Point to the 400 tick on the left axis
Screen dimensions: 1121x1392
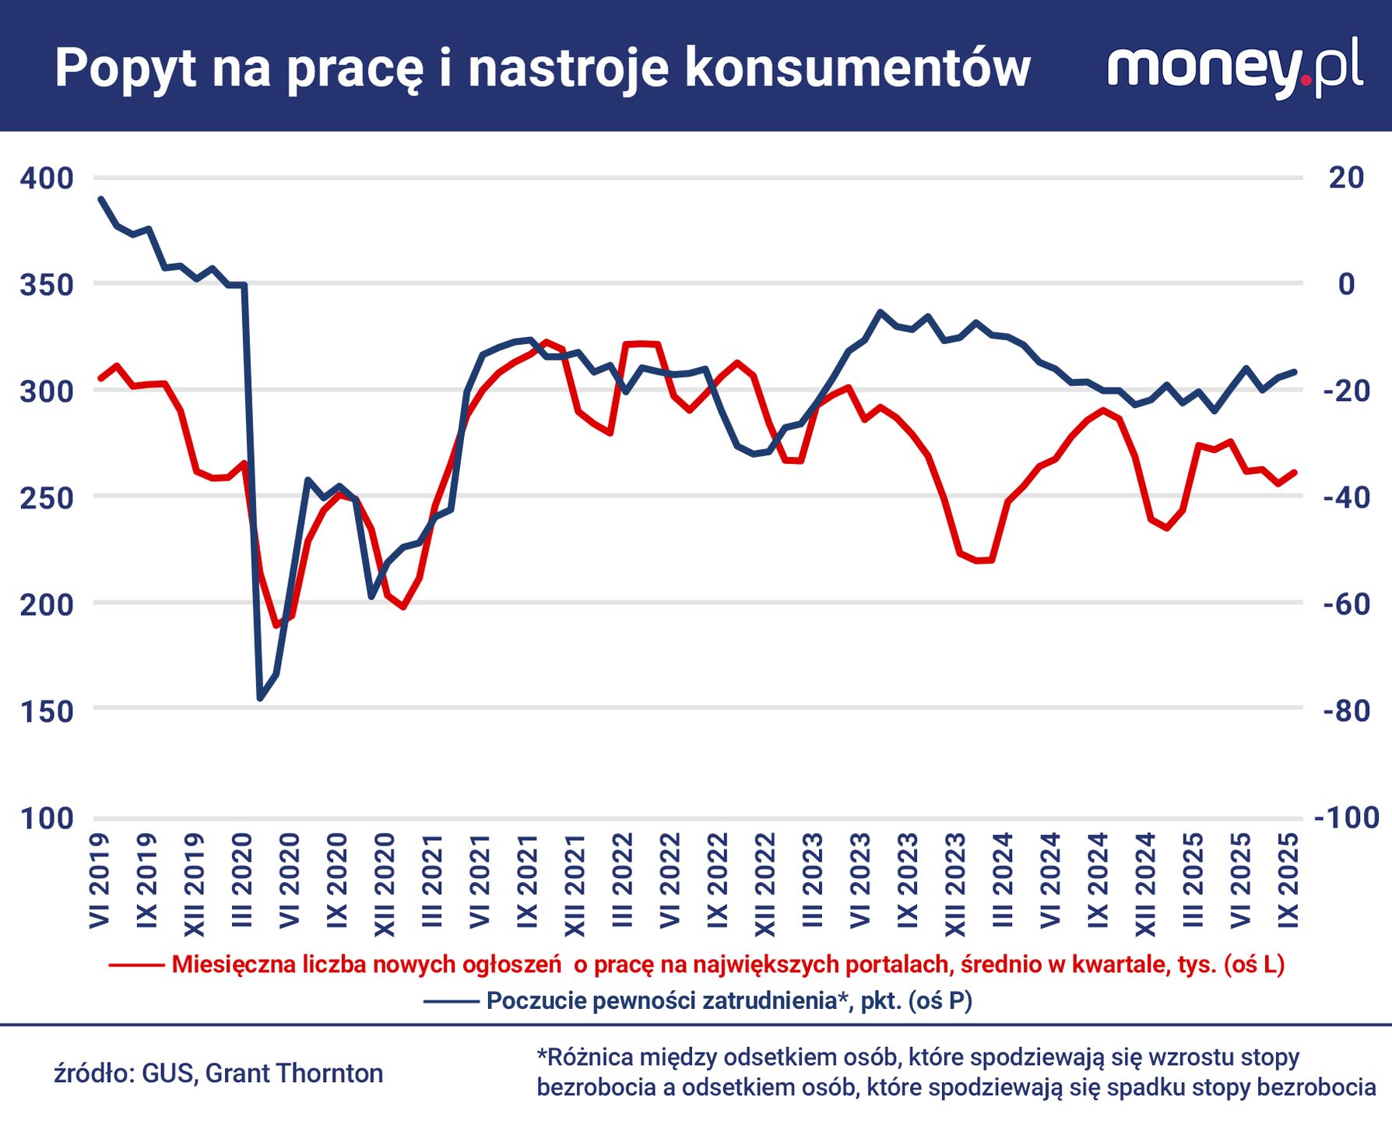tap(47, 178)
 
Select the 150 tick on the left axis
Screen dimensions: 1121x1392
tap(47, 711)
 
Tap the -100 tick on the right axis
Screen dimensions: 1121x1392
tap(1346, 817)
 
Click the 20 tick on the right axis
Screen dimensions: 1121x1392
tap(1346, 177)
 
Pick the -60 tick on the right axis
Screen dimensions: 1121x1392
tap(1346, 604)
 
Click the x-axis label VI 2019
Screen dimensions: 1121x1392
tap(100, 880)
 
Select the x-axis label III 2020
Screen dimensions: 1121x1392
tap(243, 880)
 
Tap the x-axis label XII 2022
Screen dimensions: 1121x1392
tap(765, 884)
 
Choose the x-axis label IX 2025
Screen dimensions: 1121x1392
tap(1288, 880)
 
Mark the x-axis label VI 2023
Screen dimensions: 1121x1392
tap(860, 880)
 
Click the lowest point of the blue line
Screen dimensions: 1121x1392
tap(260, 698)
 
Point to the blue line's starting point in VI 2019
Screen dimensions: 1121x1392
tap(100, 199)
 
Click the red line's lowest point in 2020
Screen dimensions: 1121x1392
tap(276, 625)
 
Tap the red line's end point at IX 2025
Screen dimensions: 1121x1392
tap(1295, 472)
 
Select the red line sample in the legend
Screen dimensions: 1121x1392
tap(136, 965)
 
